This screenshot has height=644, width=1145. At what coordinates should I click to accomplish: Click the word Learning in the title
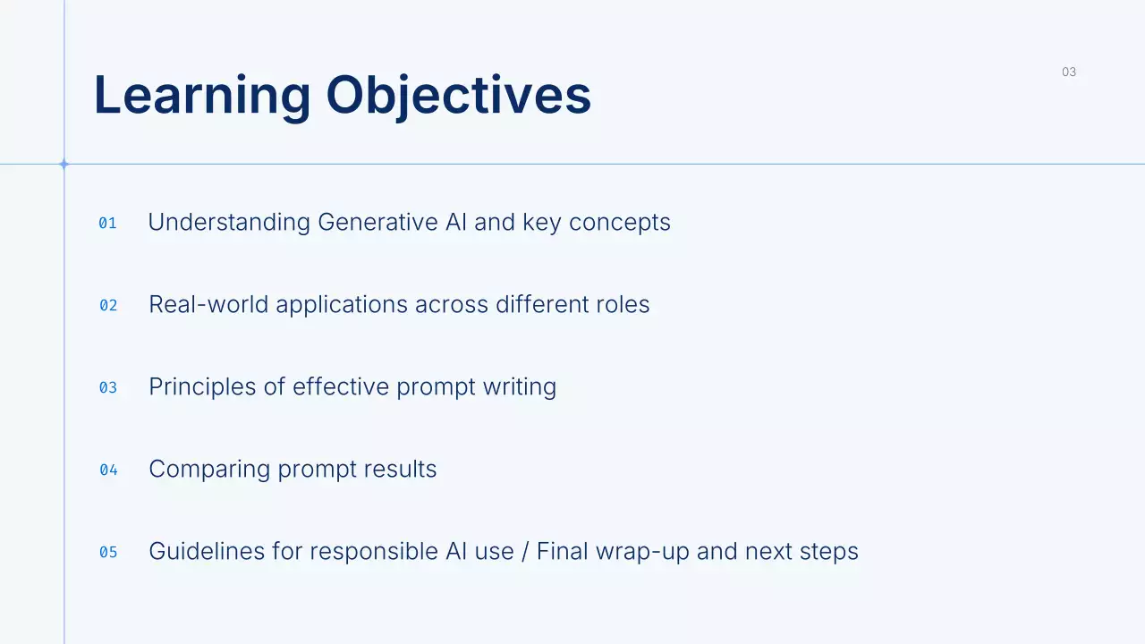click(202, 97)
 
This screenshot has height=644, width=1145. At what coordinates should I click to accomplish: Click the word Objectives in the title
click(459, 97)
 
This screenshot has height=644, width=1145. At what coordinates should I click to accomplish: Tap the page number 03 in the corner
click(1069, 72)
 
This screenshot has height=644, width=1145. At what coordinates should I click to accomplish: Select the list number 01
click(107, 224)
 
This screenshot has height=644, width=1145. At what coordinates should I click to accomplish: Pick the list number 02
click(108, 306)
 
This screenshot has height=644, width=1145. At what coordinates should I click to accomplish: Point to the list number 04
click(108, 470)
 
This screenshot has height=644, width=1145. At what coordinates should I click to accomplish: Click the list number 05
click(108, 553)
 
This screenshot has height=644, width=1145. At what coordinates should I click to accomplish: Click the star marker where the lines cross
click(64, 164)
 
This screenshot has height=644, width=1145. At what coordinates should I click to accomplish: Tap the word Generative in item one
click(377, 223)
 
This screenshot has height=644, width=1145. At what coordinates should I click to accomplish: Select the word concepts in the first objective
click(620, 224)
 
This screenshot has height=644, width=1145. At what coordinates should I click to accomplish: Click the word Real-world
click(208, 304)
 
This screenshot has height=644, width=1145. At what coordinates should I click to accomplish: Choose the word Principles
click(202, 387)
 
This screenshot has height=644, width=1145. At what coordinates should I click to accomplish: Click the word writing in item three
click(520, 387)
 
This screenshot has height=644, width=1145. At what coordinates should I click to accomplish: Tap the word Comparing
click(209, 470)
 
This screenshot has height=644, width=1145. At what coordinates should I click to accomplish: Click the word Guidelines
click(207, 551)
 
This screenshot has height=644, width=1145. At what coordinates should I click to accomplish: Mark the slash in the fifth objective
click(525, 552)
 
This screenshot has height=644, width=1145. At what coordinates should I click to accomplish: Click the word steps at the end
click(829, 552)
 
